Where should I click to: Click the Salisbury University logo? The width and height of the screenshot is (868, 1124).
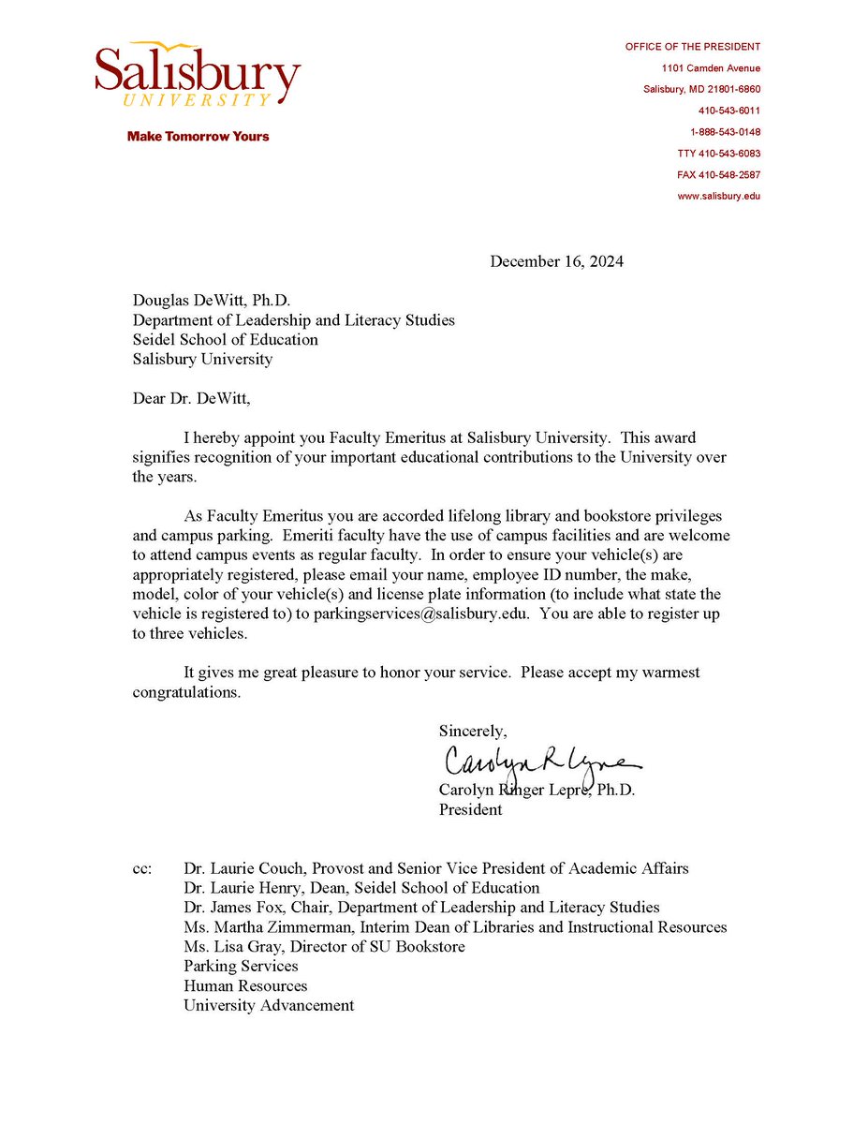[x=198, y=74]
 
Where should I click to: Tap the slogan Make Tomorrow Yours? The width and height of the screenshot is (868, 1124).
[x=198, y=137]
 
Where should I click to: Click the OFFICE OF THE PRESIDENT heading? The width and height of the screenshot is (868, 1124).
[x=693, y=47]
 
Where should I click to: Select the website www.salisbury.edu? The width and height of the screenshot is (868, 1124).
[x=718, y=197]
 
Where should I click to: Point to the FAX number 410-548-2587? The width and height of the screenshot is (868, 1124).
[x=718, y=175]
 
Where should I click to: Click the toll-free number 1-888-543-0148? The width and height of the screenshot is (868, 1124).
[x=725, y=132]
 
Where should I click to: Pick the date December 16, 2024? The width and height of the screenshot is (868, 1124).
[x=556, y=261]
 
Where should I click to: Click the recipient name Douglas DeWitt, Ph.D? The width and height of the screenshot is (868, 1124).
[x=212, y=300]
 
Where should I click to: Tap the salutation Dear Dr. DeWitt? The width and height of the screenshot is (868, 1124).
[x=192, y=398]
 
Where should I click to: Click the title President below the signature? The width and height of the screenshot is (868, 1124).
[x=470, y=810]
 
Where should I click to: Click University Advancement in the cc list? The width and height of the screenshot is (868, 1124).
[x=269, y=1005]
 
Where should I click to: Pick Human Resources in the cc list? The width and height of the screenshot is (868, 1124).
[x=245, y=985]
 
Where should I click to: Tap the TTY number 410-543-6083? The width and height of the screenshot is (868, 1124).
[x=718, y=154]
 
